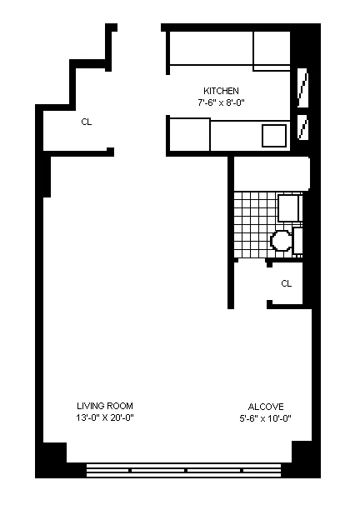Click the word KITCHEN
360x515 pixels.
222,91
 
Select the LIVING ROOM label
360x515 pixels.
105,406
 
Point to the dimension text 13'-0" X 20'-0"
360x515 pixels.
105,417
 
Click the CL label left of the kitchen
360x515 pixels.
87,122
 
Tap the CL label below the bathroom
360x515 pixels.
286,283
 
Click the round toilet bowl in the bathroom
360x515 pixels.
281,241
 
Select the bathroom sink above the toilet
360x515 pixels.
289,207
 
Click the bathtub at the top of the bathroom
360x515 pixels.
272,173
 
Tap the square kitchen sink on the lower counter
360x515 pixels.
273,135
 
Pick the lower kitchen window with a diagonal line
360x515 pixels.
303,127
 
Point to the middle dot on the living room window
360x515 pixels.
185,470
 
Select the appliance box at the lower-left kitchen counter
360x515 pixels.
189,133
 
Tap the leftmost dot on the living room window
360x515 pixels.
130,470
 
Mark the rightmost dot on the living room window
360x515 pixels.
241,470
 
